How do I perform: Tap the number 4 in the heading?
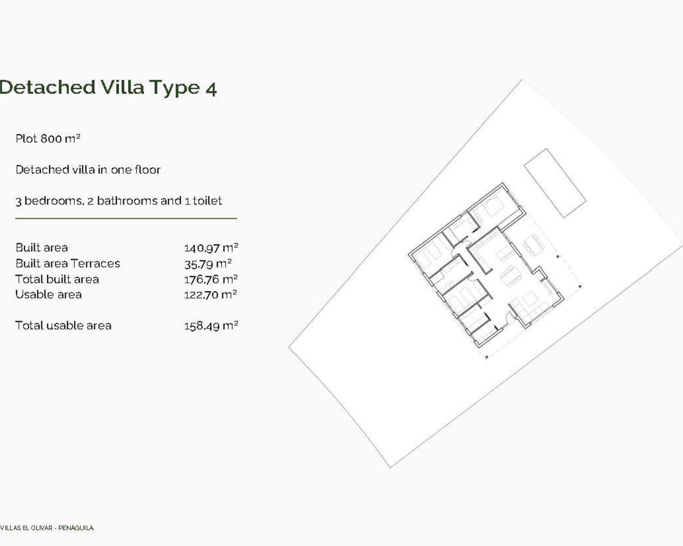211,88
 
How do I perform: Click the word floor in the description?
147,170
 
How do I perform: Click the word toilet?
208,201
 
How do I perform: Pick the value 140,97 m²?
211,248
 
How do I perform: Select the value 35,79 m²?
208,263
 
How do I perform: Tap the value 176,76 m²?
211,279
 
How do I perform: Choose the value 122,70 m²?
211,294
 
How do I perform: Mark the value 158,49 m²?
211,326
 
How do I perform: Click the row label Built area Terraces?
68,263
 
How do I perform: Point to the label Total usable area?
63,326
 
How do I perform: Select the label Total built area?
57,279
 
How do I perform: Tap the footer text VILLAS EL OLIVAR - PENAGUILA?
47,528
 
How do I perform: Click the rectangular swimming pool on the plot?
554,183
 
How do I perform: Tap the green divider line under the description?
126,219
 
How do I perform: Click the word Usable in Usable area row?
32,294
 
